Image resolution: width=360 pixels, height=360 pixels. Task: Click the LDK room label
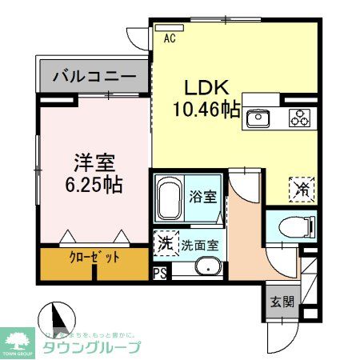209,86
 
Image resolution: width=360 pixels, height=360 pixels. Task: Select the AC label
170,37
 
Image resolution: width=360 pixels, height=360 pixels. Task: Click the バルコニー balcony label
94,78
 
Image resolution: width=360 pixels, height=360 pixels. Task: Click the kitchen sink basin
258,118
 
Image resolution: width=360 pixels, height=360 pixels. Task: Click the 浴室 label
201,194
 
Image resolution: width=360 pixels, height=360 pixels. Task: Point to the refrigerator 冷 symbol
302,190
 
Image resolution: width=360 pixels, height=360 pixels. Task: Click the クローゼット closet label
95,258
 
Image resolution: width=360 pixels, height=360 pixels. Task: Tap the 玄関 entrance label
281,302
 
